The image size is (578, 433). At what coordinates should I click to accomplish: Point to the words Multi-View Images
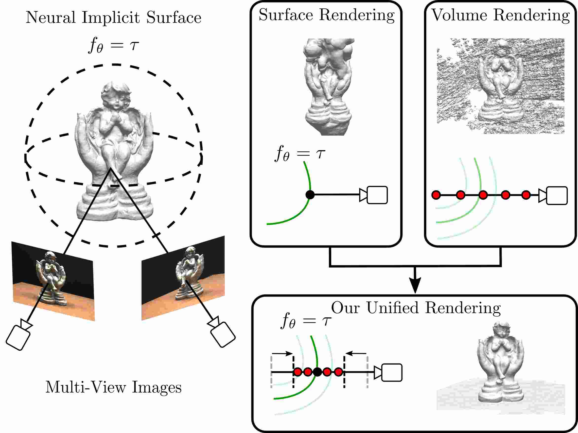(113, 387)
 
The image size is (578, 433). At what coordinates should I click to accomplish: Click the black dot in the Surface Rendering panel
(310, 195)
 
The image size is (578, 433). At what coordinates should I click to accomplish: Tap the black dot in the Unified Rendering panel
(317, 372)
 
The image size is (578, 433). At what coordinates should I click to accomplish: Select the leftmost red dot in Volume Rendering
(436, 195)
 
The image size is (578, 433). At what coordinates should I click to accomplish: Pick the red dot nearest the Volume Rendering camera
(526, 195)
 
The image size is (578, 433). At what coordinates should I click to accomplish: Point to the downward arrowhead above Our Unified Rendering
(415, 286)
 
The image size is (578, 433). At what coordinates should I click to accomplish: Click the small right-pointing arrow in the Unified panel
(282, 354)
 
